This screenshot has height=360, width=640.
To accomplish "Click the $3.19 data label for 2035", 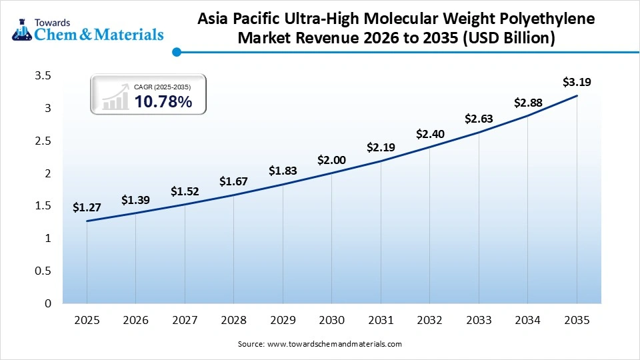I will (577, 83).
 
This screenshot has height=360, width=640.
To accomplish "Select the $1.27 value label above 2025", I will (87, 208).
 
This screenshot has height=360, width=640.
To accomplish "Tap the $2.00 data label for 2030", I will (331, 160).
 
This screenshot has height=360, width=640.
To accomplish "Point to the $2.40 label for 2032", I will (429, 134).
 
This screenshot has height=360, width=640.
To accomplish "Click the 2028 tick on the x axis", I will (233, 321).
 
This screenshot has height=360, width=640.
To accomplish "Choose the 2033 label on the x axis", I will (479, 321).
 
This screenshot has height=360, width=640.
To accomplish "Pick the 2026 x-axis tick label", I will (135, 321).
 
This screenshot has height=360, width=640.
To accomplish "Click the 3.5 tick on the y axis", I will (43, 76).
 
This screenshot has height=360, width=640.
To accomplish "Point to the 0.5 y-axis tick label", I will (43, 271).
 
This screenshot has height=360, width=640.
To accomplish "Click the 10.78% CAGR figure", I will (163, 102).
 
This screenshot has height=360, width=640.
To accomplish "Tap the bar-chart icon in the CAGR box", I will (115, 97).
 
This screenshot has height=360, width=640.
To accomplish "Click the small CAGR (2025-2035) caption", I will (162, 87).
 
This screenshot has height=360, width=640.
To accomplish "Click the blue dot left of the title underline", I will (176, 51).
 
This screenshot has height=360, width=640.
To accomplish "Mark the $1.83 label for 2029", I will (283, 171).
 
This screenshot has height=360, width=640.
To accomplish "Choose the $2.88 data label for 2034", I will (527, 103).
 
